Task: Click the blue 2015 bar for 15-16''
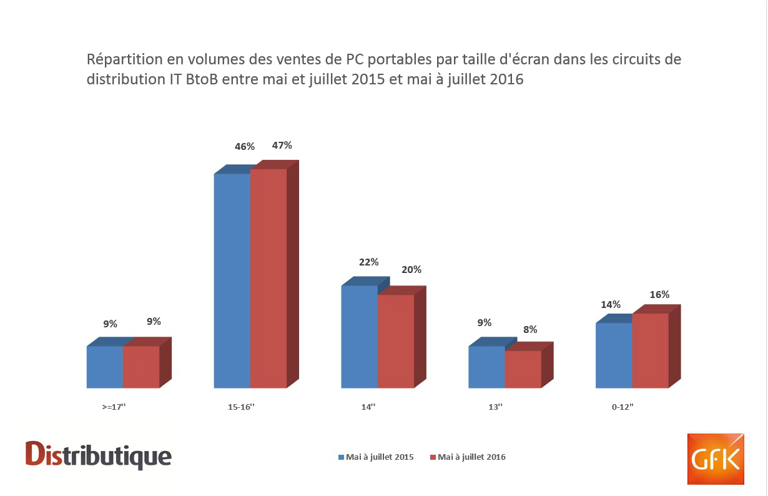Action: coord(232,280)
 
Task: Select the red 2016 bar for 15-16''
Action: coord(268,278)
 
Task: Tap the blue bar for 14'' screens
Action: coord(359,337)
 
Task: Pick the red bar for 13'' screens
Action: coord(523,369)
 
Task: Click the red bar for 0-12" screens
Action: coord(650,350)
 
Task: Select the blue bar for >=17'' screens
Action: coord(105,367)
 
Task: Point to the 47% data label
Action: coord(282,146)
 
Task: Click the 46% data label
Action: coord(245,147)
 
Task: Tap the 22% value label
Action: coord(368,262)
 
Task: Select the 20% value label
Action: coord(411,270)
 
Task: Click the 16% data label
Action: coord(659,294)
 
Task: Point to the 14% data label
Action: coord(611,305)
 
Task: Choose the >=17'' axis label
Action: coord(114,407)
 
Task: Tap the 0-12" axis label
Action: coord(623,407)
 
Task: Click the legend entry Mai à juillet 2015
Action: coord(376,457)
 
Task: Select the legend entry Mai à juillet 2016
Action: coord(468,457)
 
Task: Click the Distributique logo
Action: coord(99,454)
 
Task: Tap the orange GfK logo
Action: coord(716,459)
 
